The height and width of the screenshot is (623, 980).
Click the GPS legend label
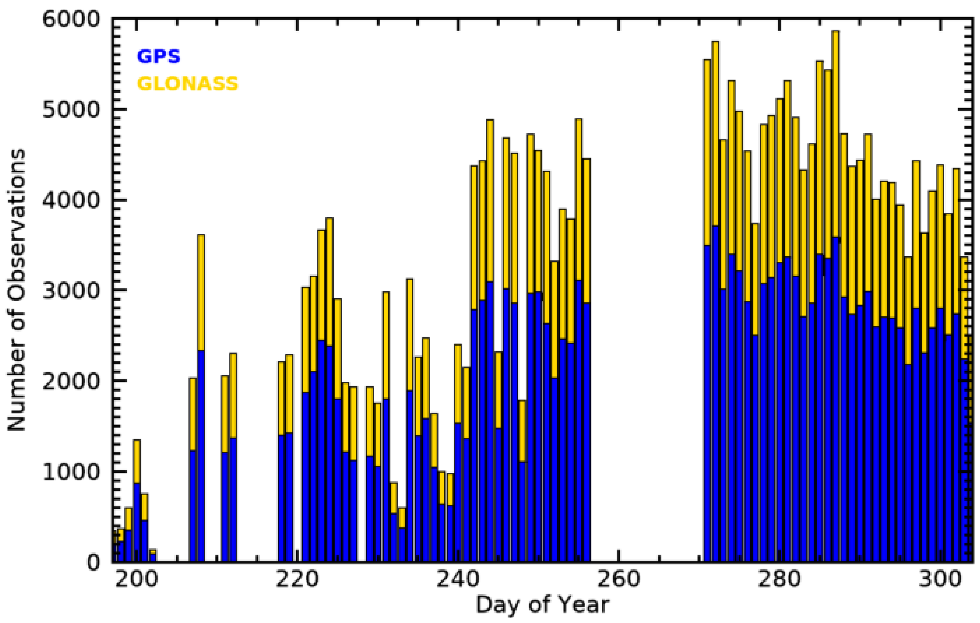pos(158,56)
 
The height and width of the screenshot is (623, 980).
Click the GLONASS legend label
pos(187,84)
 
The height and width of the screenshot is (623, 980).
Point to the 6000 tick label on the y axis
pos(71,19)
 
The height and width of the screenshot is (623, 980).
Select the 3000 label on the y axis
pos(71,290)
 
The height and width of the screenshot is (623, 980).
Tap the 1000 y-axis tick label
pos(71,471)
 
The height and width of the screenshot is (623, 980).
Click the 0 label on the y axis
pos(93,562)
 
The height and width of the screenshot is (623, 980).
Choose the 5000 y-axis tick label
pos(71,110)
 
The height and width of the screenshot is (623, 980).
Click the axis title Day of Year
pos(543,605)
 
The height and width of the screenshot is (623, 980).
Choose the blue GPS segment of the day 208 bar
pos(200,456)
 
